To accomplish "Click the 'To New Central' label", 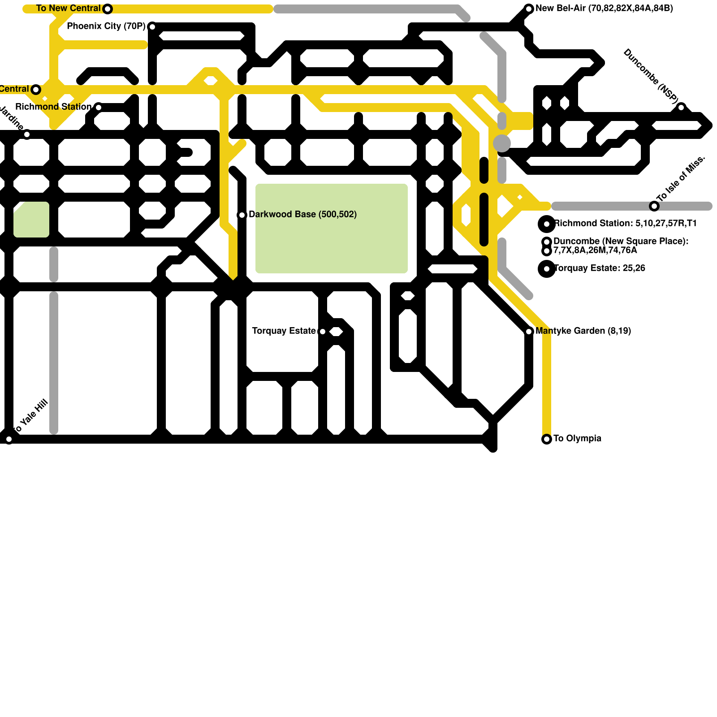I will pyautogui.click(x=68, y=9).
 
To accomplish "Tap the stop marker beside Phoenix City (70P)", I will pyautogui.click(x=152, y=27).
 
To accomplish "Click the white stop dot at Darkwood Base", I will pyautogui.click(x=242, y=215).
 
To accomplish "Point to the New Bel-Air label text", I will pyautogui.click(x=604, y=9).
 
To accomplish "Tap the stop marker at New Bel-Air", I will pyautogui.click(x=529, y=9).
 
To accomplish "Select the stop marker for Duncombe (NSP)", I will pyautogui.click(x=681, y=108).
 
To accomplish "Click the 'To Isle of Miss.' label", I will pyautogui.click(x=681, y=178).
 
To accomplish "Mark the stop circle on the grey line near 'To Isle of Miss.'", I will pyautogui.click(x=654, y=206).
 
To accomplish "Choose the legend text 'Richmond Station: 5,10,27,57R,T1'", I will pyautogui.click(x=625, y=223).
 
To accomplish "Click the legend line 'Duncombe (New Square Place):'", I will pyautogui.click(x=621, y=241).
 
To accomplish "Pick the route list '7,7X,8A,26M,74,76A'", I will pyautogui.click(x=595, y=250).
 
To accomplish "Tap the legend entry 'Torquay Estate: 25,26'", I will pyautogui.click(x=600, y=268).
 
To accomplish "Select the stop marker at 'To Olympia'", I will pyautogui.click(x=547, y=439).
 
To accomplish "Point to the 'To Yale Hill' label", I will pyautogui.click(x=30, y=417).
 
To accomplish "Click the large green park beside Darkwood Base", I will pyautogui.click(x=332, y=229).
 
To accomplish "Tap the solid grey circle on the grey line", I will pyautogui.click(x=502, y=143).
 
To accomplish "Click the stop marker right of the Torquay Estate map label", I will pyautogui.click(x=323, y=332).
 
